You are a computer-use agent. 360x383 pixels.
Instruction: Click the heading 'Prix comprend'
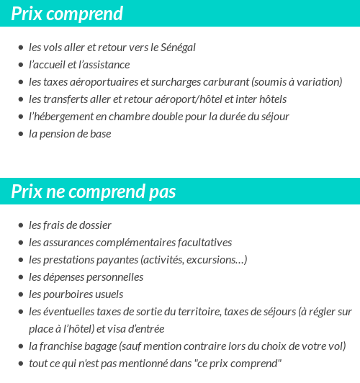[67, 14]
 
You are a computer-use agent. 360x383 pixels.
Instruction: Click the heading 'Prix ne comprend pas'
[94, 192]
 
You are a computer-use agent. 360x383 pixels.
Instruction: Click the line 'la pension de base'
[70, 134]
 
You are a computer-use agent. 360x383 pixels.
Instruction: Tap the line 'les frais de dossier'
[70, 225]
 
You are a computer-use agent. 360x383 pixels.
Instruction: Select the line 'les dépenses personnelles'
[86, 277]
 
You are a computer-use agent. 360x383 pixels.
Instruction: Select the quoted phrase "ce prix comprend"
[239, 364]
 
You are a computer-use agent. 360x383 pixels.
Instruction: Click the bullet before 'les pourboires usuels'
[21, 294]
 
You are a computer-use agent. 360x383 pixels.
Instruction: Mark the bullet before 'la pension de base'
[21, 134]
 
